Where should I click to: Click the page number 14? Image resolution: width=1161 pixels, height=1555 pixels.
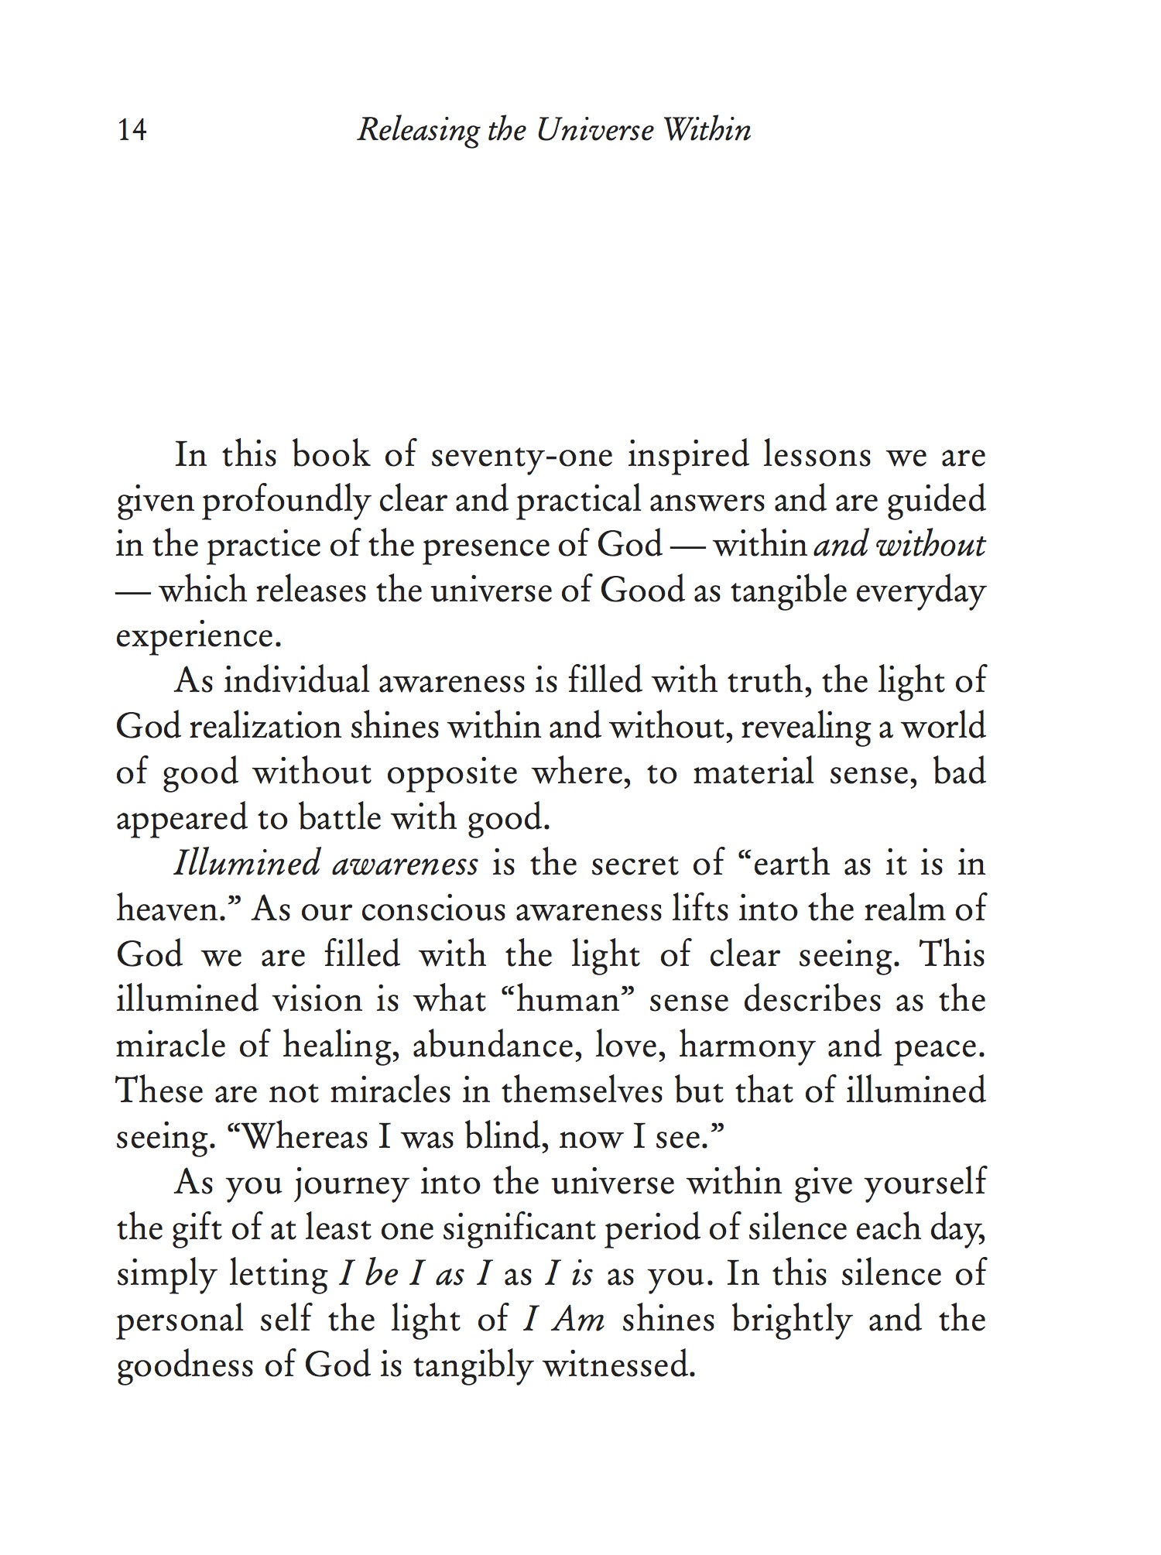click(132, 130)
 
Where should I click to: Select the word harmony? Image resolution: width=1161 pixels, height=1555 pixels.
click(746, 1046)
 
